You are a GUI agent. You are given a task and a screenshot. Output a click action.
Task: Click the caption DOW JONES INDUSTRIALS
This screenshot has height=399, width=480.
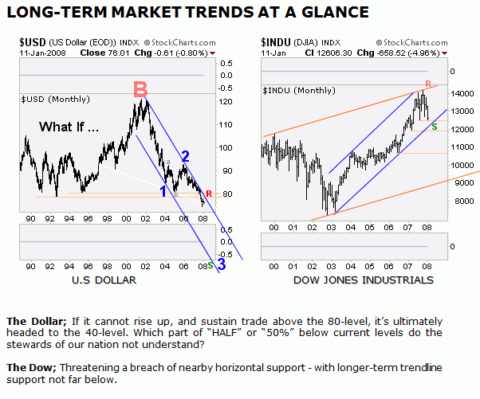click(363, 280)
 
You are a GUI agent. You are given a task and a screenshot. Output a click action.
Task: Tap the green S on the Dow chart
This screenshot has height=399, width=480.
click(434, 126)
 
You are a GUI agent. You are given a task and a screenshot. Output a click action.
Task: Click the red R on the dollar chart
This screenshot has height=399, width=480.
click(209, 194)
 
